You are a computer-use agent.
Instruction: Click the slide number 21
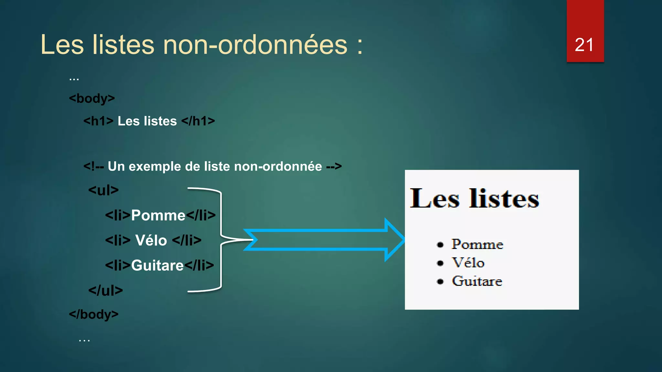click(584, 45)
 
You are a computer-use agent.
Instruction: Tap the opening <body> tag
click(92, 98)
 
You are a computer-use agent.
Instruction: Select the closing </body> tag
click(94, 314)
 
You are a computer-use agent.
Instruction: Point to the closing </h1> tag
click(198, 121)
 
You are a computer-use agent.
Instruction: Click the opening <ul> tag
click(103, 190)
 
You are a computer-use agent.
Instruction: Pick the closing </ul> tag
click(105, 290)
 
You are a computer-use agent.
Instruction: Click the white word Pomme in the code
click(158, 215)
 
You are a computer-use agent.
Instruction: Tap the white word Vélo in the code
click(151, 241)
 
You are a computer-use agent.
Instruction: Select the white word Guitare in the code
click(157, 265)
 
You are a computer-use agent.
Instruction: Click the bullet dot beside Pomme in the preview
click(440, 245)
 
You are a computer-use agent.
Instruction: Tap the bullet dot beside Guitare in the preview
click(440, 282)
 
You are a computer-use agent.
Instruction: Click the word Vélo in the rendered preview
click(468, 263)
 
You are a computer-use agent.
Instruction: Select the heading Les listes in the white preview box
click(474, 198)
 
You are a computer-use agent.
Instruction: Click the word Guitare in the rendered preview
click(477, 281)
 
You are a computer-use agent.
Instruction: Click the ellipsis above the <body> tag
click(74, 78)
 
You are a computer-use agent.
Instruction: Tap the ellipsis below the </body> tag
click(84, 340)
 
